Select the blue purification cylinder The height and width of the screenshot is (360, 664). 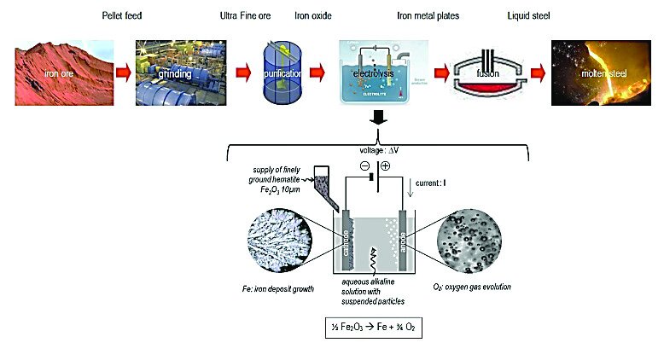[x=281, y=73]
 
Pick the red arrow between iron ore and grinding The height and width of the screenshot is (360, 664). [x=120, y=73]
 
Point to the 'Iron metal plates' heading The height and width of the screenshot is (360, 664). [x=427, y=16]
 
